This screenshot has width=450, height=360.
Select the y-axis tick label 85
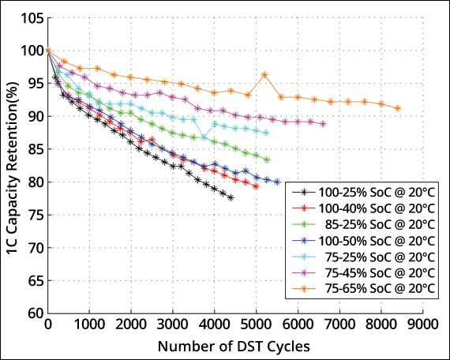point(34,149)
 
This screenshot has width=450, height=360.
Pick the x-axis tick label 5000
point(257,324)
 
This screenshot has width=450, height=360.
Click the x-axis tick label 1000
point(90,324)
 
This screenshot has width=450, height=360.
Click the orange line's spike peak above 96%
point(264,75)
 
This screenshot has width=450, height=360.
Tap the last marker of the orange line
point(398,108)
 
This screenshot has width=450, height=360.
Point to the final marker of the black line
point(231,197)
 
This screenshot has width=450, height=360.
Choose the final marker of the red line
point(256,186)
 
